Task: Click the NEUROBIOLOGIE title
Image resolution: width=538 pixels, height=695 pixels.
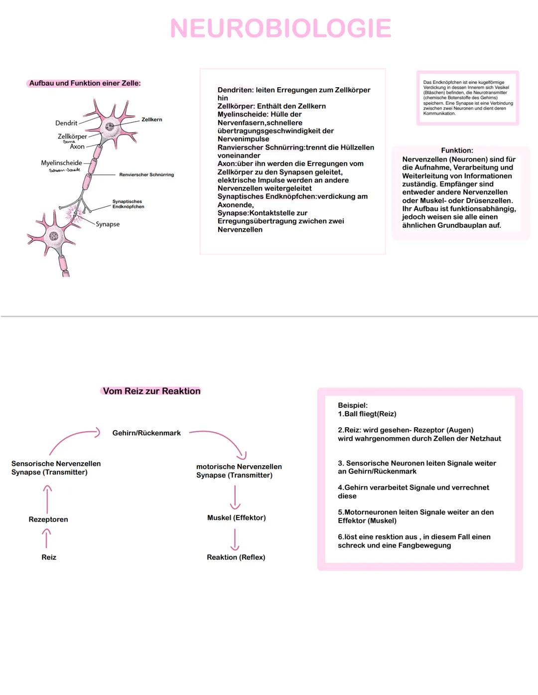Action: [280, 28]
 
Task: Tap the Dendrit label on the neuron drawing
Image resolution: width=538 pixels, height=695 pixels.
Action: [66, 123]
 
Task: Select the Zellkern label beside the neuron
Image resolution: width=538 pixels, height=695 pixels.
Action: [151, 120]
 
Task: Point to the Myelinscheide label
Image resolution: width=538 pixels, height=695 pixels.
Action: [61, 163]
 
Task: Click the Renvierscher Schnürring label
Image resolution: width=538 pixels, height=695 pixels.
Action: [146, 175]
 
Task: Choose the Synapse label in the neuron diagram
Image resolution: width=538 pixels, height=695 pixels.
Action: [108, 224]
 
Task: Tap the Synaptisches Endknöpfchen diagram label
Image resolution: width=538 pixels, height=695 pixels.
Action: [128, 204]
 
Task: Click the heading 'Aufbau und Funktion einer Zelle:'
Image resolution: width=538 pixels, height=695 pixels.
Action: [85, 83]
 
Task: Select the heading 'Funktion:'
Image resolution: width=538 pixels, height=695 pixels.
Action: [457, 151]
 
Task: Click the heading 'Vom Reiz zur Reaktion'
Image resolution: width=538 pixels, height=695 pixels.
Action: [151, 391]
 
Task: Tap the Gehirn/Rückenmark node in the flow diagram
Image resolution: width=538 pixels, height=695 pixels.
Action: [146, 433]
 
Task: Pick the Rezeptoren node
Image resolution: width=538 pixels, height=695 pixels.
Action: [48, 520]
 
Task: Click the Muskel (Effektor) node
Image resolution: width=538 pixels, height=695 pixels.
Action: [236, 518]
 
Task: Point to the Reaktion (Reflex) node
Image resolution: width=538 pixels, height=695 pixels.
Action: [236, 557]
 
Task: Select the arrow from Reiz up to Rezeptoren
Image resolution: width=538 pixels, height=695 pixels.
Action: [46, 538]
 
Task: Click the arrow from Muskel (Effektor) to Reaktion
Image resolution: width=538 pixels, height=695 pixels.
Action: [235, 539]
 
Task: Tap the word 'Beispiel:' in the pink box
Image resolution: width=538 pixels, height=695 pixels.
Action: [353, 406]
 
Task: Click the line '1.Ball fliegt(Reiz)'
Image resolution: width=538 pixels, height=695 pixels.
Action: [367, 414]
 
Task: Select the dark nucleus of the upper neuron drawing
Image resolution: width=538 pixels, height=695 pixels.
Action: [110, 127]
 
